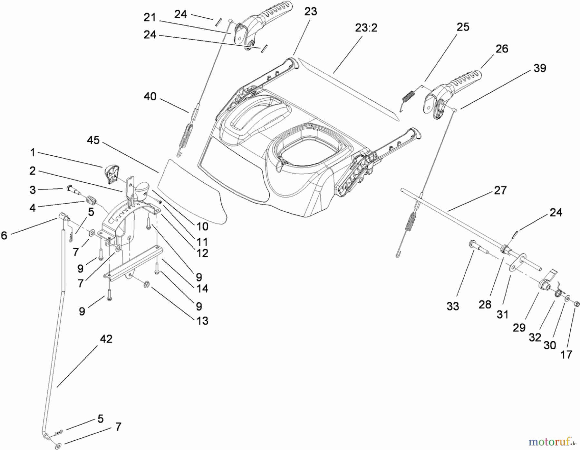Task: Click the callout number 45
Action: pyautogui.click(x=93, y=140)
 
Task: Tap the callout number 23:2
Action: pyautogui.click(x=366, y=28)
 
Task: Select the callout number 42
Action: pyautogui.click(x=106, y=339)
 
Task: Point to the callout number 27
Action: pyautogui.click(x=500, y=190)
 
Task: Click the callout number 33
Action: pyautogui.click(x=452, y=306)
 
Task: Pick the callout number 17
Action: pyautogui.click(x=566, y=354)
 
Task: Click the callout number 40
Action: pyautogui.click(x=150, y=96)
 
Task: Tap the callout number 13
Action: pyautogui.click(x=202, y=321)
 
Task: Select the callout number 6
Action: pyautogui.click(x=4, y=235)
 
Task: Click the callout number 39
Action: pyautogui.click(x=540, y=68)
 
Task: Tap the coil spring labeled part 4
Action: pyautogui.click(x=91, y=201)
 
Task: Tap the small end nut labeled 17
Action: pyautogui.click(x=577, y=304)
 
